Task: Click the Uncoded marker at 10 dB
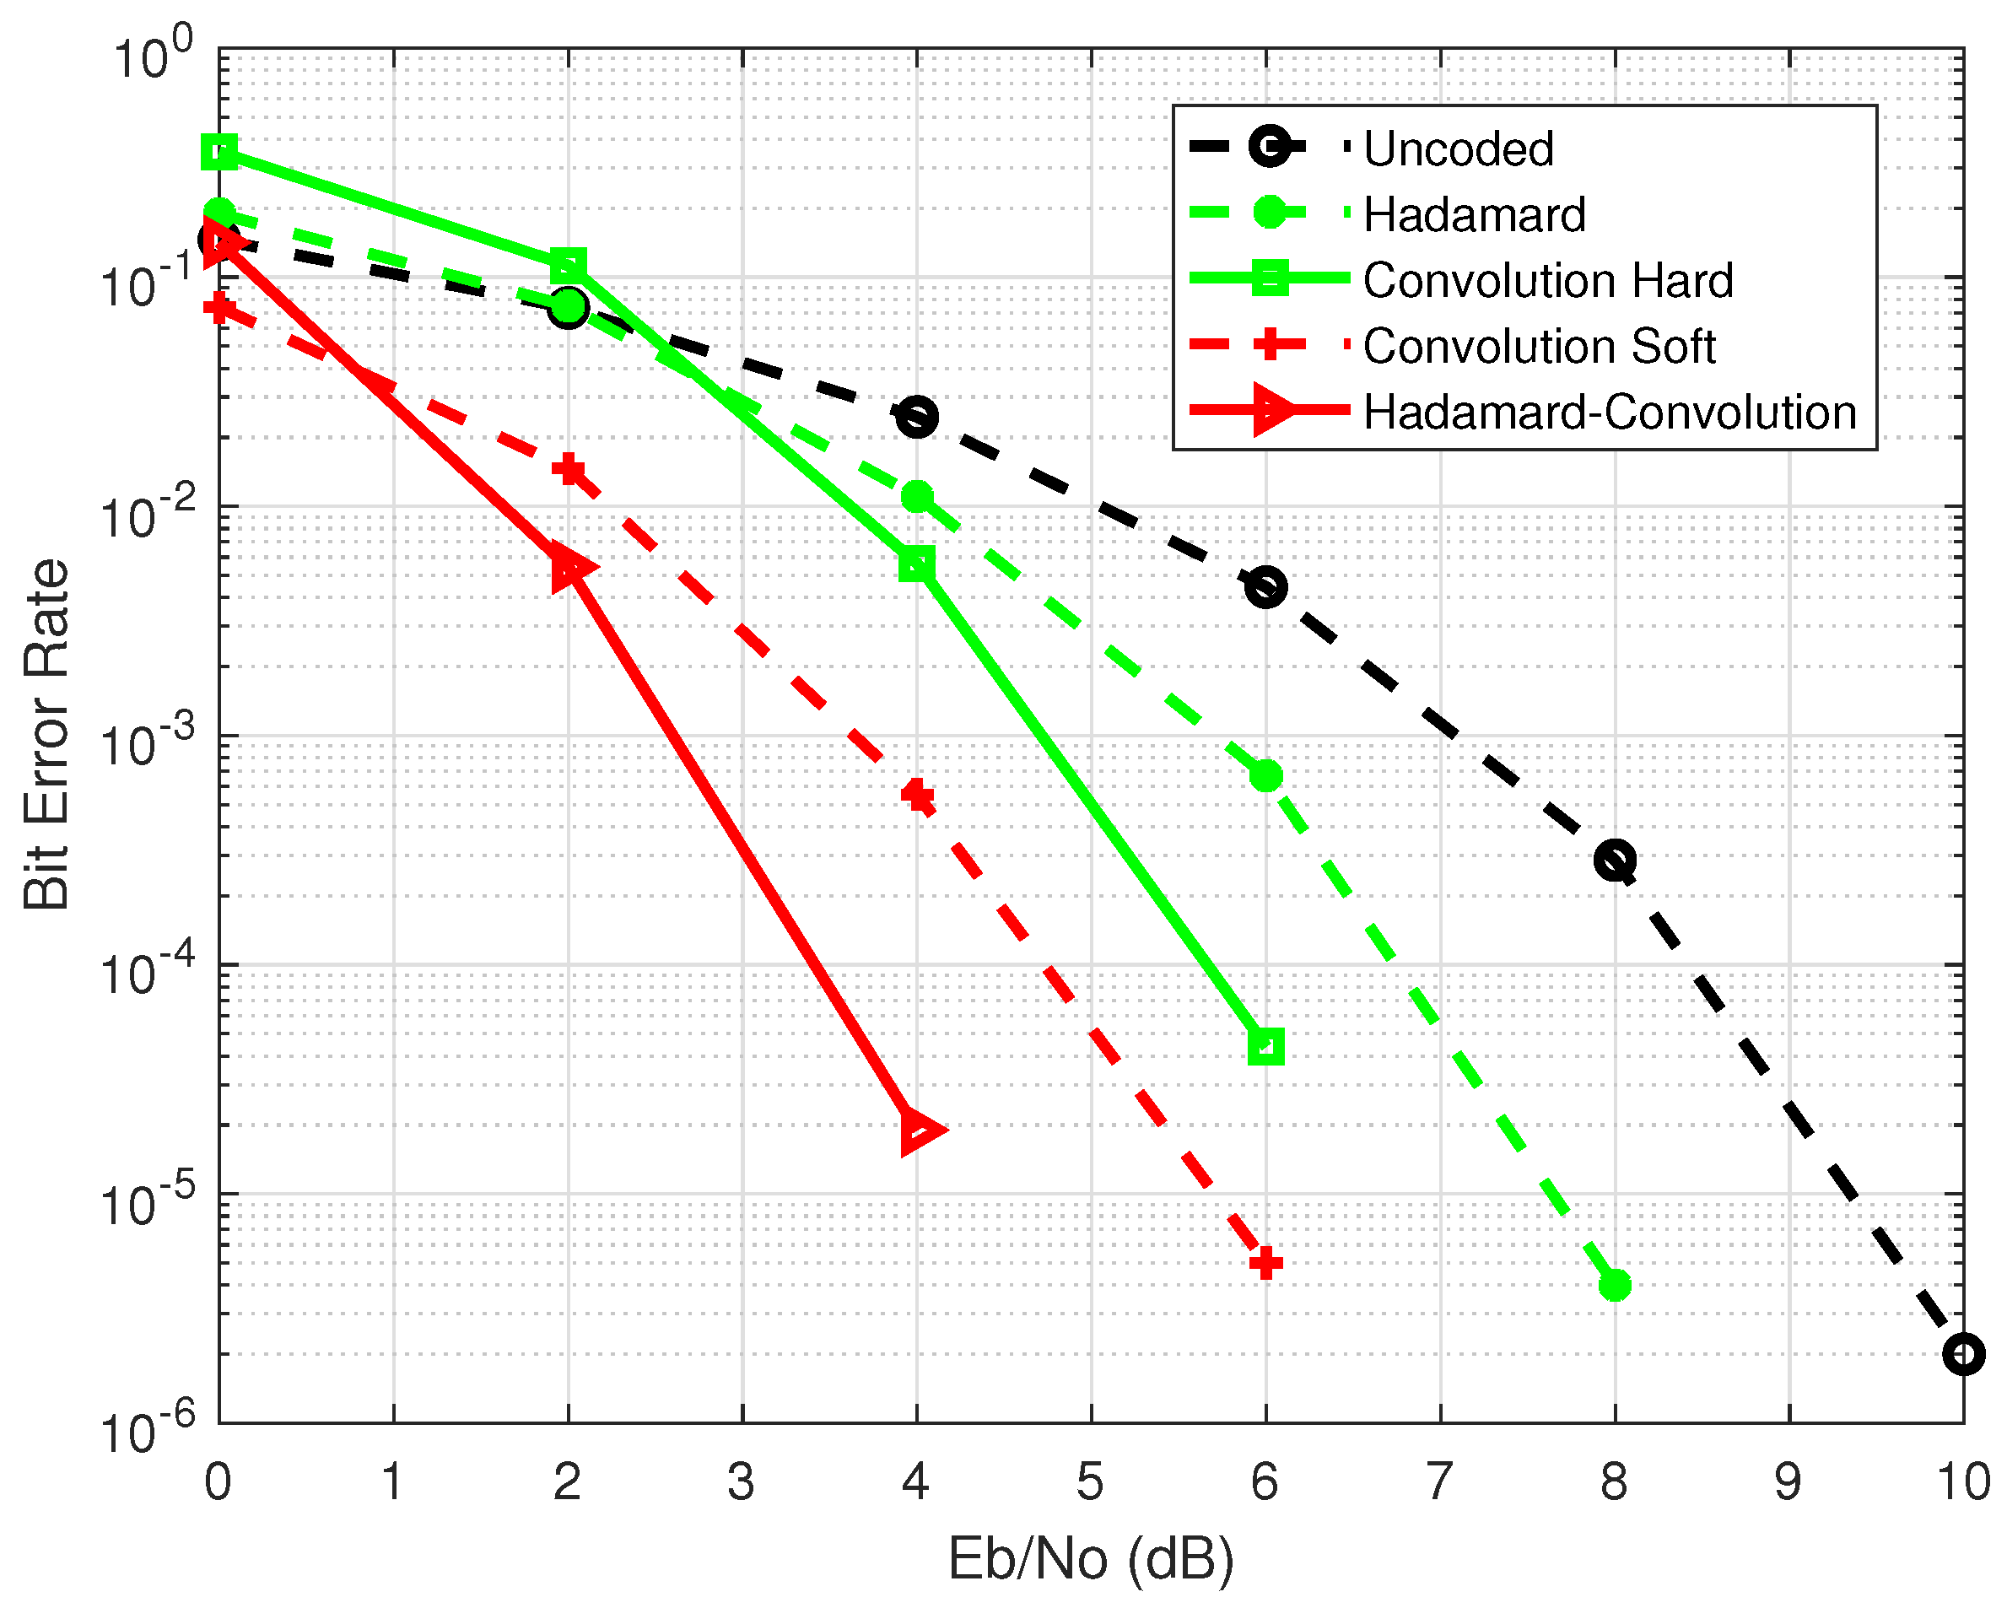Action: click(x=1963, y=1354)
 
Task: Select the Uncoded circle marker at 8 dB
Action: click(x=1615, y=861)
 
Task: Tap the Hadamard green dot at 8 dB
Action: click(x=1615, y=1286)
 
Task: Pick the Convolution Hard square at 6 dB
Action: click(x=1266, y=1045)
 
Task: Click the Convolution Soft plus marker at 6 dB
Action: click(x=1266, y=1264)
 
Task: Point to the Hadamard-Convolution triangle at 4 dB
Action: click(x=920, y=1131)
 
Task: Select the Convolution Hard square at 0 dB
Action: click(x=219, y=152)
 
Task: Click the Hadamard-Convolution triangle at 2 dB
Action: click(x=569, y=567)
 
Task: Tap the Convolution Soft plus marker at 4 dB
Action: click(x=917, y=796)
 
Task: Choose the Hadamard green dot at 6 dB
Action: click(x=1266, y=775)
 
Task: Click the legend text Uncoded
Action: click(x=1459, y=149)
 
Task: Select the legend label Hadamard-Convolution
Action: click(x=1610, y=412)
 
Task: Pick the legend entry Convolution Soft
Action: click(x=1539, y=347)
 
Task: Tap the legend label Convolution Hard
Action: click(x=1548, y=280)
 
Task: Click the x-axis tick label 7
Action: click(x=1439, y=1481)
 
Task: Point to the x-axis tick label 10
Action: click(x=1963, y=1481)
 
